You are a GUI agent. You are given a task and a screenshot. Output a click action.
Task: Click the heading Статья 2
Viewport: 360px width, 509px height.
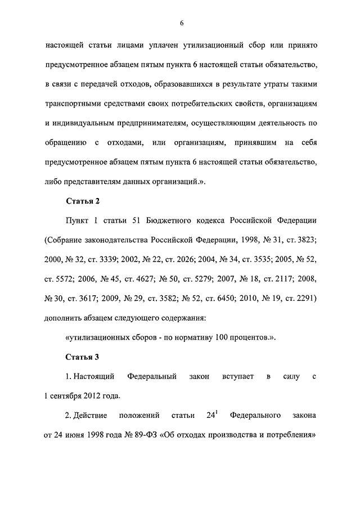pos(83,200)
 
